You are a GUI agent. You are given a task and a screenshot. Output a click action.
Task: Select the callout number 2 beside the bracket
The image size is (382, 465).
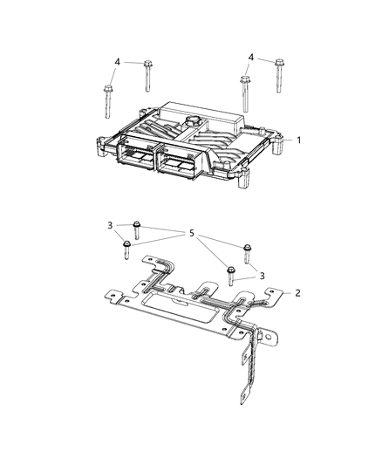tap(298, 292)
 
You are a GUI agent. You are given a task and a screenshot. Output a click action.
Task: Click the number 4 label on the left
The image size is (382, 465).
tap(117, 61)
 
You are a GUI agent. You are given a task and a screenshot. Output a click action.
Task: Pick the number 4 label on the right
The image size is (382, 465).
tap(251, 57)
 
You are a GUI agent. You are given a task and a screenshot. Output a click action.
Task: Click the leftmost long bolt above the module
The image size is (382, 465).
tap(107, 104)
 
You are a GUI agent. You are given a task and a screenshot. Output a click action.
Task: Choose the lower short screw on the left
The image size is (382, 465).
tap(126, 246)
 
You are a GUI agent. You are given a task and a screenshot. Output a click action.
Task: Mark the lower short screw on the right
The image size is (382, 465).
tap(231, 275)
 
